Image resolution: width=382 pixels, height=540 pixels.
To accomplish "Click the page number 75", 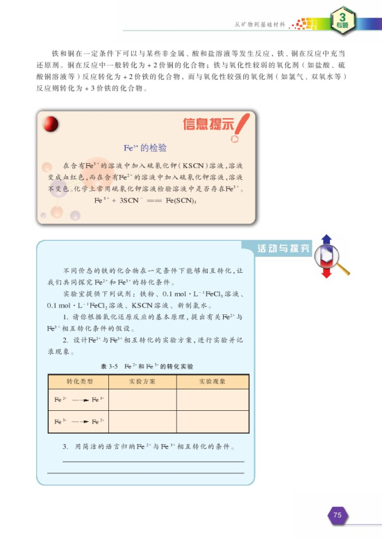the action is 337,515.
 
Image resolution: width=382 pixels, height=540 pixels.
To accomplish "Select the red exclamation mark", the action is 240,127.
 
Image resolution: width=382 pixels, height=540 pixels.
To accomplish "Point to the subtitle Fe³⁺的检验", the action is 144,148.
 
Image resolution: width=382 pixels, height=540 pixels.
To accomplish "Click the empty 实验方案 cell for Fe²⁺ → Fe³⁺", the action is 143,400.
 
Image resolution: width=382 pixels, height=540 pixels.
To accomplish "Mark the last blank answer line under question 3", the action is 146,473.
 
